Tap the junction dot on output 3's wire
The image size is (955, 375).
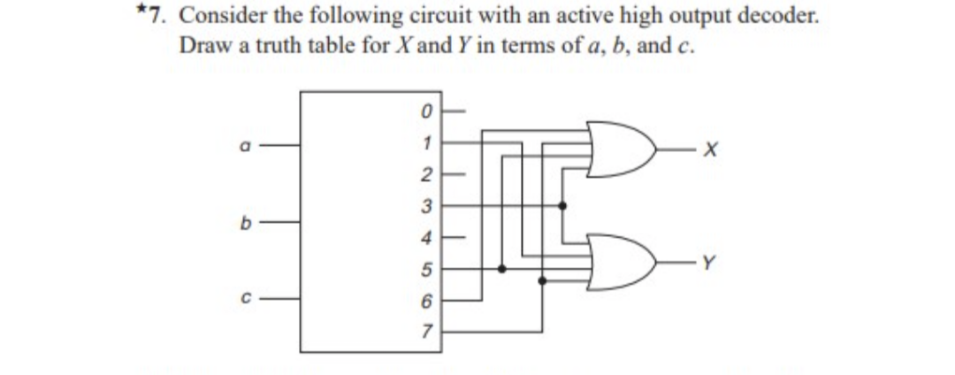click(x=563, y=205)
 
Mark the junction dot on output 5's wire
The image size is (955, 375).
click(x=501, y=269)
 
